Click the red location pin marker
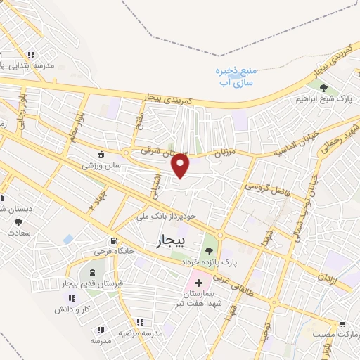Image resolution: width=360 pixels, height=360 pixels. (181, 165)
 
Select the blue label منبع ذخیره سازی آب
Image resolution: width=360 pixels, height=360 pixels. (233, 77)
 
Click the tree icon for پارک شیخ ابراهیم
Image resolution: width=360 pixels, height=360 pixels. (323, 88)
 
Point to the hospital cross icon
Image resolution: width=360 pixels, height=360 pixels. (199, 282)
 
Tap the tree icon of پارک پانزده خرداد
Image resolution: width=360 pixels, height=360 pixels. (208, 250)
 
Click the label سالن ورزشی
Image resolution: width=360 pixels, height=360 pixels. (103, 166)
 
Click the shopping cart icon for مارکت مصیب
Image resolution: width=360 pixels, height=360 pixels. (342, 324)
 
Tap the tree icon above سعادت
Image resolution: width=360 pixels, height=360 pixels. (18, 223)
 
